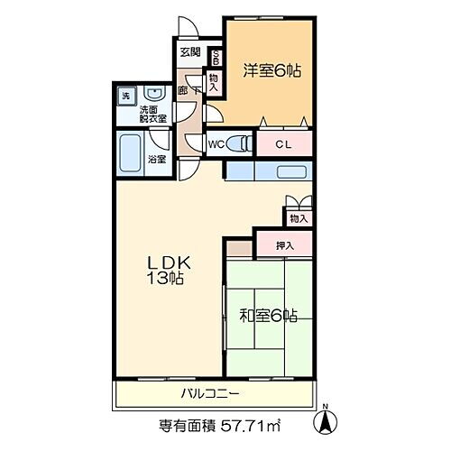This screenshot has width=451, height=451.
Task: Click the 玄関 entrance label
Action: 189,52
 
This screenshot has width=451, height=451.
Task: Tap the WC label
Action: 216,143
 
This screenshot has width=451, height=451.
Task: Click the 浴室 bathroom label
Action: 156,159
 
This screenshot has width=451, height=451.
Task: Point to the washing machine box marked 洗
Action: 124,94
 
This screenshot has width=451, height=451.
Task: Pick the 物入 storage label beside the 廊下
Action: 214,82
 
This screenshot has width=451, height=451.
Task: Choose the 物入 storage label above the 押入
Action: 299,218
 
